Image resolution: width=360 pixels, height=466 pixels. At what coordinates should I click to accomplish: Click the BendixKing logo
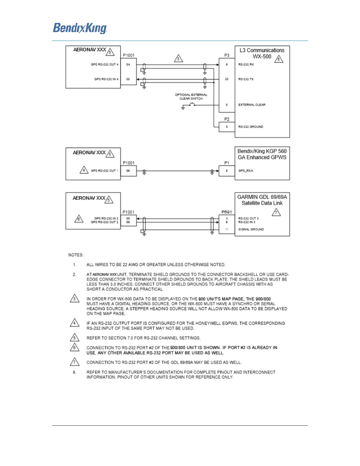[80, 29]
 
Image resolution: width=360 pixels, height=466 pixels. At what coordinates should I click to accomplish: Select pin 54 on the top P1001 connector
[128, 64]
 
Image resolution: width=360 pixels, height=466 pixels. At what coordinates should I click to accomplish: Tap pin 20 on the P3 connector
[226, 79]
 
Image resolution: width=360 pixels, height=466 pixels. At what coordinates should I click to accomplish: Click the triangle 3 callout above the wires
[178, 58]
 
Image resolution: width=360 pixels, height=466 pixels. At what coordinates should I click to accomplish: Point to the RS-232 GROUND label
[251, 127]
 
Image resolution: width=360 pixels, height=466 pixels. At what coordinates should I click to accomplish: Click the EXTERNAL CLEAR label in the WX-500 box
[252, 105]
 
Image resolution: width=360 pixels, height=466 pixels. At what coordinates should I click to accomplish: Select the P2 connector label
[227, 119]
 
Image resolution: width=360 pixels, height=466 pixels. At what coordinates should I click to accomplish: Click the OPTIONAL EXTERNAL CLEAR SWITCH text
[191, 97]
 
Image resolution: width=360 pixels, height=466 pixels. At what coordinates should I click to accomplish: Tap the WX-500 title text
[262, 56]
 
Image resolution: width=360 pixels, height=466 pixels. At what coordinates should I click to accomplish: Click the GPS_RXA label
[246, 171]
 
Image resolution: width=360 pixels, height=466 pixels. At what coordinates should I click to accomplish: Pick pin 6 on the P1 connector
[226, 171]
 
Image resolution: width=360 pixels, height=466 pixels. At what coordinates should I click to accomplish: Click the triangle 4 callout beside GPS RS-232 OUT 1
[84, 170]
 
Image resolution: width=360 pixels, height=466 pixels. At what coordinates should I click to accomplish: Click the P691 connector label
[226, 212]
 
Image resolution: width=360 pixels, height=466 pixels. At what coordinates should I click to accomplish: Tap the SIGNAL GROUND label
[251, 229]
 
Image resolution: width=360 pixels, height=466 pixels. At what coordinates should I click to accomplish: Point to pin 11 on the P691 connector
[226, 229]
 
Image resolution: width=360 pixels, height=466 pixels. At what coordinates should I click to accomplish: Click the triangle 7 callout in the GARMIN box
[276, 212]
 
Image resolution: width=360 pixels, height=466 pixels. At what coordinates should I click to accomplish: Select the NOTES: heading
[76, 255]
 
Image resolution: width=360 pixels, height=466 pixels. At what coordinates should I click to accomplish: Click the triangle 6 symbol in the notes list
[74, 347]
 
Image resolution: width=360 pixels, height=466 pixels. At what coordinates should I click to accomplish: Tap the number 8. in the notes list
[74, 372]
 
